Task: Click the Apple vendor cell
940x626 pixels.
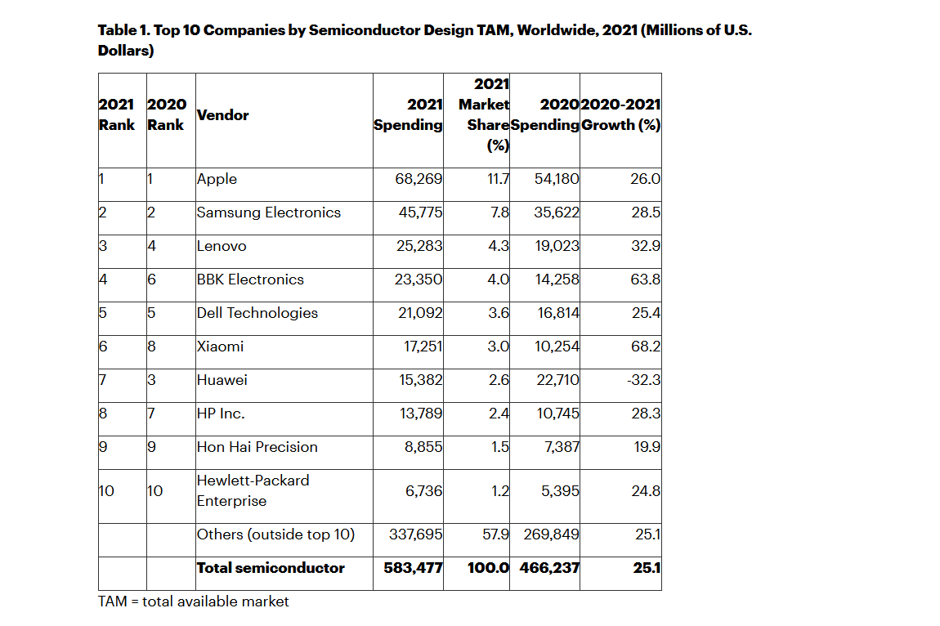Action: pyautogui.click(x=217, y=179)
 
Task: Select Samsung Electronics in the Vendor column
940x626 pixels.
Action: pyautogui.click(x=268, y=212)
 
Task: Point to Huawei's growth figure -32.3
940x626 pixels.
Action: pyautogui.click(x=644, y=380)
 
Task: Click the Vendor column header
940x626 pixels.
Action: pyautogui.click(x=223, y=115)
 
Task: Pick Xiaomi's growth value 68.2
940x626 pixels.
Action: pyautogui.click(x=646, y=347)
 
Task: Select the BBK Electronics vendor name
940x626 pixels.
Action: pyautogui.click(x=250, y=279)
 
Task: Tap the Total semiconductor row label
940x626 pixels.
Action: pyautogui.click(x=271, y=568)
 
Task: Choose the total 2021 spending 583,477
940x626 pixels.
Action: pyautogui.click(x=413, y=568)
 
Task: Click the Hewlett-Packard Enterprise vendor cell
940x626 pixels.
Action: pyautogui.click(x=253, y=490)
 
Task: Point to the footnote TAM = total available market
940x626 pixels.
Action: pyautogui.click(x=194, y=601)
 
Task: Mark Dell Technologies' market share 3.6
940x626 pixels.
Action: pyautogui.click(x=499, y=313)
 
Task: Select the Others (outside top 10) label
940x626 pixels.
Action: pyautogui.click(x=275, y=534)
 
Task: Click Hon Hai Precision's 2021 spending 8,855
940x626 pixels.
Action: pyautogui.click(x=425, y=447)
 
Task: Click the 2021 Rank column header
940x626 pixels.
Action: pyautogui.click(x=117, y=115)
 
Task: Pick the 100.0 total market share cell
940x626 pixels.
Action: pyautogui.click(x=488, y=568)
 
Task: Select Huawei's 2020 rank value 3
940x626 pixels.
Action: pyautogui.click(x=151, y=380)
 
